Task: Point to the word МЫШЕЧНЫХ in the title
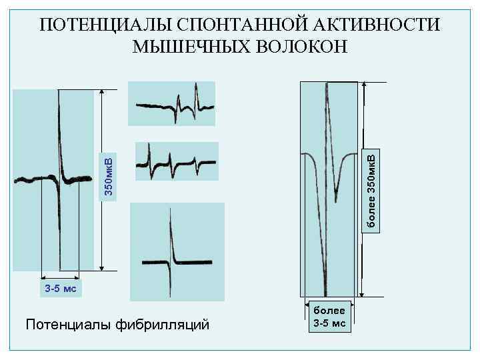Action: click(191, 47)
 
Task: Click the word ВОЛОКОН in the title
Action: click(301, 47)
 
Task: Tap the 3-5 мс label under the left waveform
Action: click(60, 289)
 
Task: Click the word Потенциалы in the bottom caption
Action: click(65, 325)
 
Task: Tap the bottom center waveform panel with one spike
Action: click(177, 252)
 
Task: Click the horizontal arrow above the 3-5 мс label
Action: click(60, 278)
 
